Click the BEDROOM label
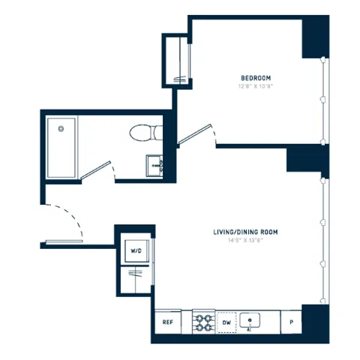pos(255,78)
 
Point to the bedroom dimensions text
pos(255,86)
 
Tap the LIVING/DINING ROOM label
pos(245,232)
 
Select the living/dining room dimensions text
pos(245,241)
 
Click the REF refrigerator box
pos(169,322)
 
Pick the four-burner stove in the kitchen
pos(204,322)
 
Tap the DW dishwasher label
pos(226,322)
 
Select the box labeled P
pos(291,322)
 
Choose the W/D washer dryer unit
pos(136,250)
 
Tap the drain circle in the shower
pos(61,127)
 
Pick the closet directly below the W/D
pos(136,281)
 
